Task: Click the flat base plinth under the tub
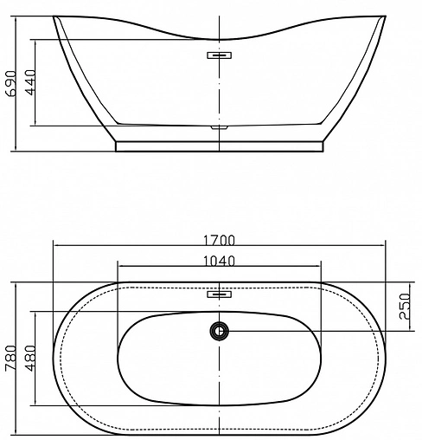(x=221, y=146)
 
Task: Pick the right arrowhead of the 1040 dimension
(x=322, y=267)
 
